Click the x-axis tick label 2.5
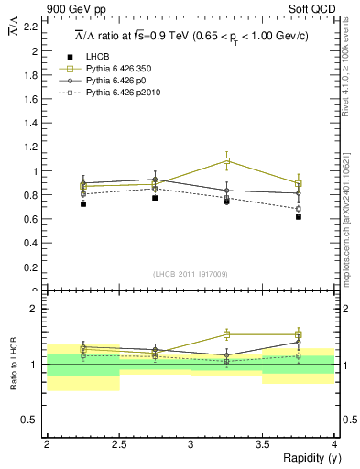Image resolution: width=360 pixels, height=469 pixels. click(x=118, y=444)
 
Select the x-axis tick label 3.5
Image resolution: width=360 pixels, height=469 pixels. click(x=262, y=444)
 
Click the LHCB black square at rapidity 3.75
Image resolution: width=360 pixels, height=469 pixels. click(x=299, y=217)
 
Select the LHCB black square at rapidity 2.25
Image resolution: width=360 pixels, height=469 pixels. click(x=83, y=203)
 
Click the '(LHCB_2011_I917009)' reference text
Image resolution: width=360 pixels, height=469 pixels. click(x=191, y=274)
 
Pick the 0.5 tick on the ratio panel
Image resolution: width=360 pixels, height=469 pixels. click(x=34, y=420)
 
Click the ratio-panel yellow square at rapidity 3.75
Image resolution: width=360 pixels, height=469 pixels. click(x=299, y=334)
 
